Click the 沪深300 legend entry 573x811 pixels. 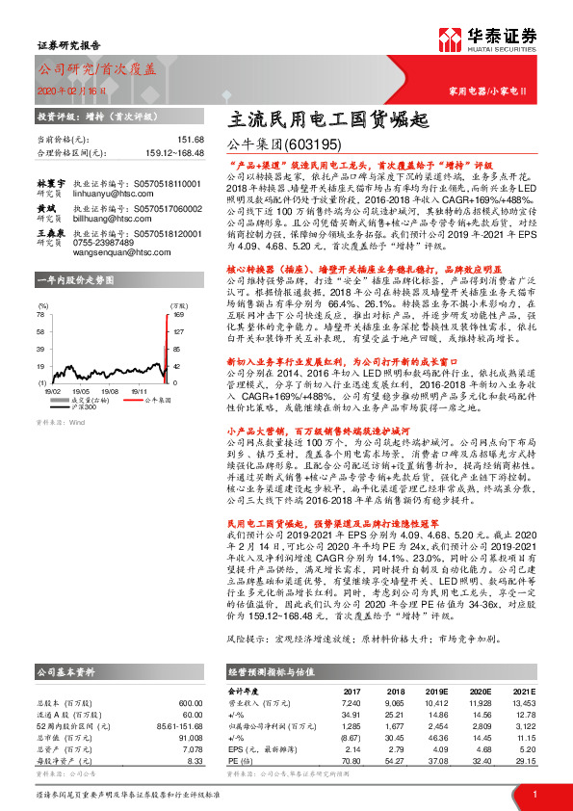[x=91, y=383]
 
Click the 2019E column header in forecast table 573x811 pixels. [x=435, y=692]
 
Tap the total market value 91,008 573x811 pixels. [x=192, y=737]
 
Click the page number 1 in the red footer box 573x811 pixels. [x=535, y=795]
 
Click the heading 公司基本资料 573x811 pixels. [x=65, y=672]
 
